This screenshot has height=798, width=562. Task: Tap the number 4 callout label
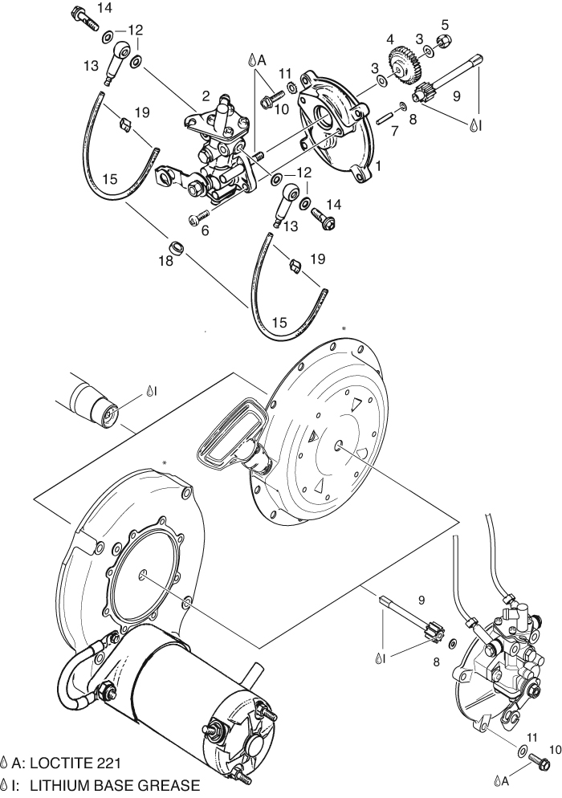pos(390,38)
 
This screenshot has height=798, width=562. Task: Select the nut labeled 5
pos(443,40)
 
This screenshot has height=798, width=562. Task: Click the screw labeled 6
pos(199,216)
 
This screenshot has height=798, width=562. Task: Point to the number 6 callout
pos(206,230)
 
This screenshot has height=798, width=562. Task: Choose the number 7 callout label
pos(394,131)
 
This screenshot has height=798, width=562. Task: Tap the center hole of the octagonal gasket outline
pos(143,575)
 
